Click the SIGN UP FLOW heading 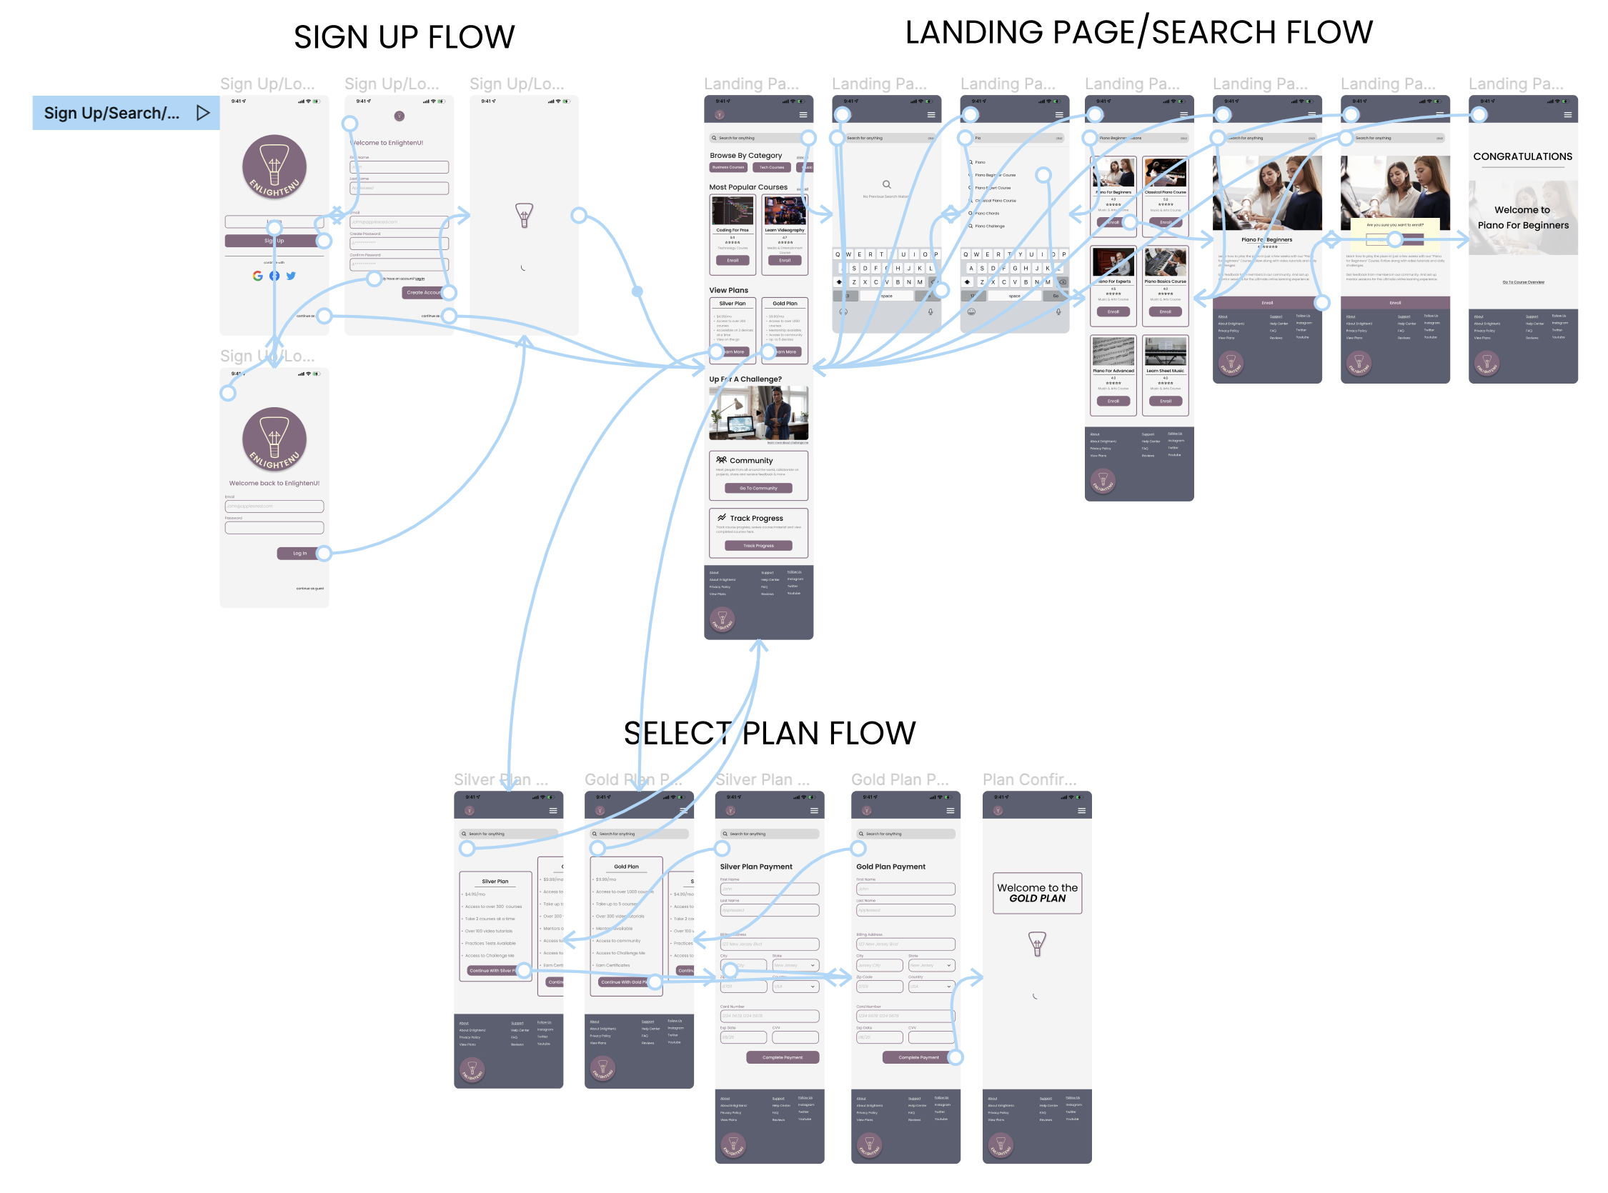pyautogui.click(x=404, y=37)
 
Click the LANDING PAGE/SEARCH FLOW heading pyautogui.click(x=1138, y=32)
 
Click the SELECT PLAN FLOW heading pyautogui.click(x=769, y=734)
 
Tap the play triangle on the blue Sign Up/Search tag pyautogui.click(x=204, y=113)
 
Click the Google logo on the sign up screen pyautogui.click(x=258, y=276)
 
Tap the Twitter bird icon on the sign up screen pyautogui.click(x=291, y=276)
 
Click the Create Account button pyautogui.click(x=423, y=292)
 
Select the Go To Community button pyautogui.click(x=758, y=488)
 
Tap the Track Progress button pyautogui.click(x=758, y=546)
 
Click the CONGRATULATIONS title pyautogui.click(x=1522, y=156)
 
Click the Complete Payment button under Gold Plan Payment pyautogui.click(x=918, y=1057)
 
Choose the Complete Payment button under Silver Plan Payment pyautogui.click(x=783, y=1057)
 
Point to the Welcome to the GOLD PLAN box pyautogui.click(x=1036, y=893)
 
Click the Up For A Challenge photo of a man pyautogui.click(x=758, y=413)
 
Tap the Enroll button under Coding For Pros pyautogui.click(x=733, y=260)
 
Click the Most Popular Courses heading pyautogui.click(x=748, y=187)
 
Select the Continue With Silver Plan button pyautogui.click(x=492, y=971)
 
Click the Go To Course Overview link pyautogui.click(x=1523, y=282)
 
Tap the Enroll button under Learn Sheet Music pyautogui.click(x=1165, y=401)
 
